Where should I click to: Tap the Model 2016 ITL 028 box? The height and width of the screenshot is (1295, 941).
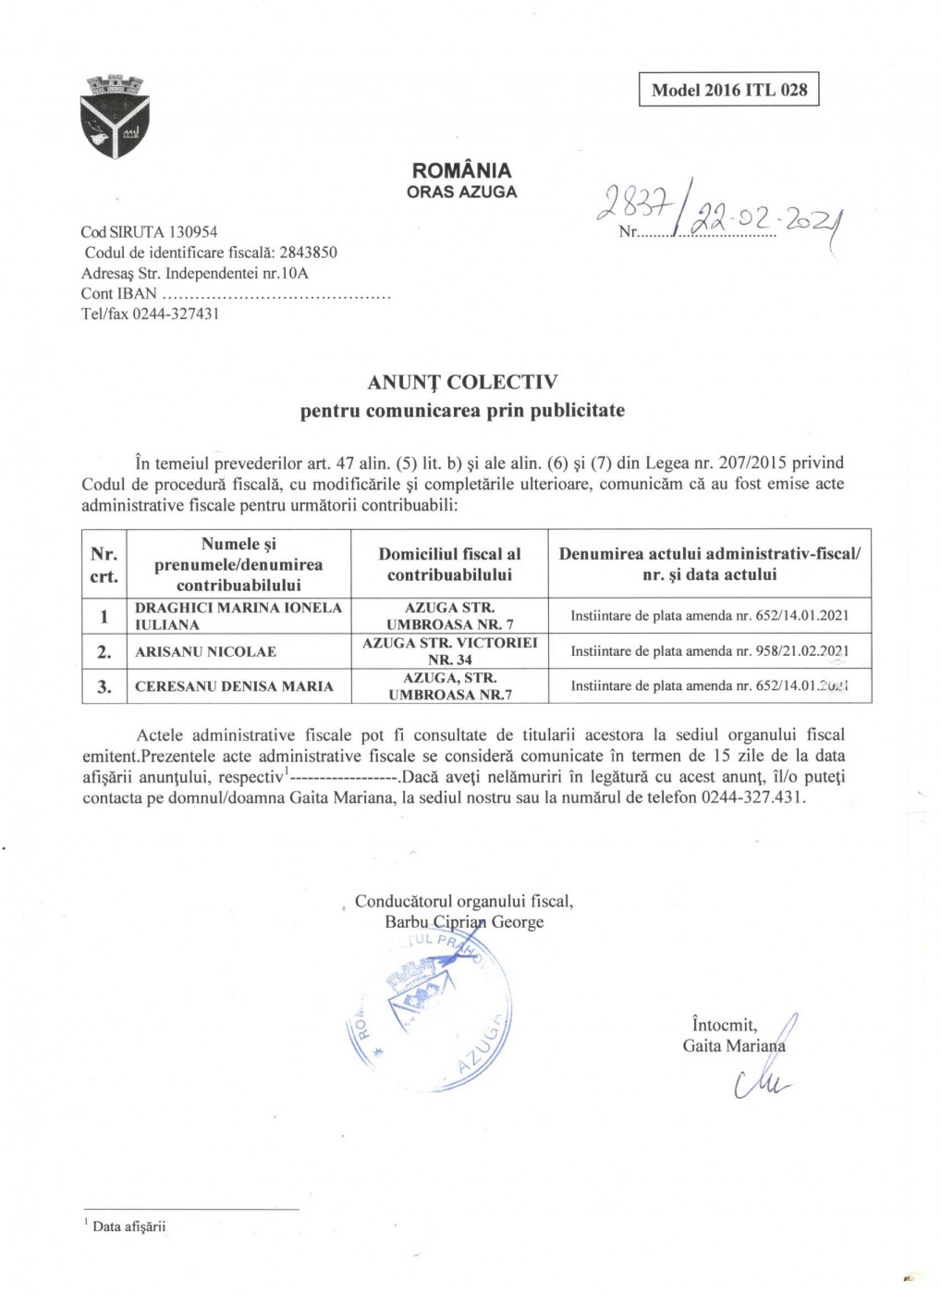click(728, 90)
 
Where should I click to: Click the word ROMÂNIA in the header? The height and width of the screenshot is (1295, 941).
click(461, 170)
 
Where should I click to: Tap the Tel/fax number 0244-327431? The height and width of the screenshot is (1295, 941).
click(176, 314)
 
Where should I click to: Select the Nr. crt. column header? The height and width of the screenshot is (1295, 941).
click(104, 565)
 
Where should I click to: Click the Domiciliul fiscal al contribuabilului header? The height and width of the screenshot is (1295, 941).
click(449, 564)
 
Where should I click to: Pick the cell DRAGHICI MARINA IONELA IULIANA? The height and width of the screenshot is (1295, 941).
click(238, 616)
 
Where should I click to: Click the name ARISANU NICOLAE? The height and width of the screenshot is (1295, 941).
click(205, 652)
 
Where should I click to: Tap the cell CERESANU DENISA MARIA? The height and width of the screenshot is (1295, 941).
click(234, 686)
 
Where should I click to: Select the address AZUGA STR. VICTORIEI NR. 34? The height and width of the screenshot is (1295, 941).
click(449, 651)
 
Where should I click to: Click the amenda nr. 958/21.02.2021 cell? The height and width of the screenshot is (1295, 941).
click(709, 651)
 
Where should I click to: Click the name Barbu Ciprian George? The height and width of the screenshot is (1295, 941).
click(464, 922)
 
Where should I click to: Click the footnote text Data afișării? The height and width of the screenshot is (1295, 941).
click(128, 1227)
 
